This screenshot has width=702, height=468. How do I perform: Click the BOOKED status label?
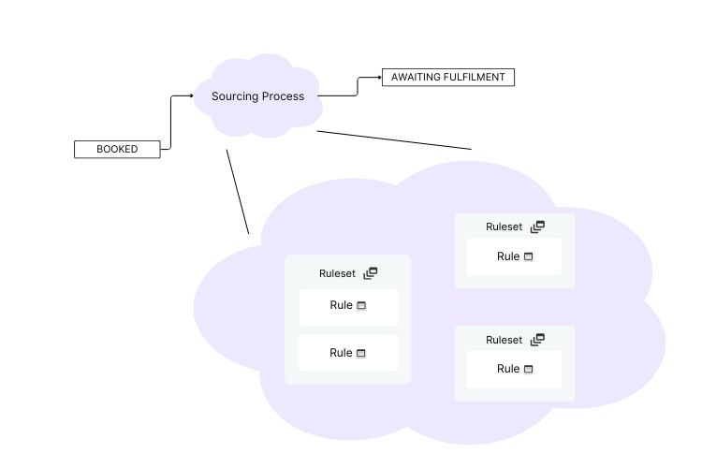click(x=117, y=149)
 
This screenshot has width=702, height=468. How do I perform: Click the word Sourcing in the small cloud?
click(x=232, y=96)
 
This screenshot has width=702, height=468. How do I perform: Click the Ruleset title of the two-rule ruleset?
click(x=337, y=273)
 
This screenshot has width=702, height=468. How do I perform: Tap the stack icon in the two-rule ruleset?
click(x=371, y=273)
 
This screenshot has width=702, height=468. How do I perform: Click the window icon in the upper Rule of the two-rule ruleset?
click(x=361, y=306)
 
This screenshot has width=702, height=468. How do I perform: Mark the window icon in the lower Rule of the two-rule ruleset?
click(x=361, y=354)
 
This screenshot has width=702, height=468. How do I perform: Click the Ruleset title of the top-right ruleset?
click(x=504, y=227)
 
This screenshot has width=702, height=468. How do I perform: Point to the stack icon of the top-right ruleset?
click(x=537, y=227)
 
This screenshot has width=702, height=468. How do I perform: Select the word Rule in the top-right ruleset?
click(x=508, y=256)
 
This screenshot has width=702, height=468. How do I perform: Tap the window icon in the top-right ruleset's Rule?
click(x=528, y=257)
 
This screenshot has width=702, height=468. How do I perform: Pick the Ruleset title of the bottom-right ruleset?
click(x=504, y=340)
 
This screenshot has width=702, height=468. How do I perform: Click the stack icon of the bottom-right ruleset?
click(x=537, y=340)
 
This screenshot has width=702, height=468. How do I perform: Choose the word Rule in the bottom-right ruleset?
click(x=508, y=369)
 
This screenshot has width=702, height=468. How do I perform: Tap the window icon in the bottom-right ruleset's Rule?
click(x=528, y=370)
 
